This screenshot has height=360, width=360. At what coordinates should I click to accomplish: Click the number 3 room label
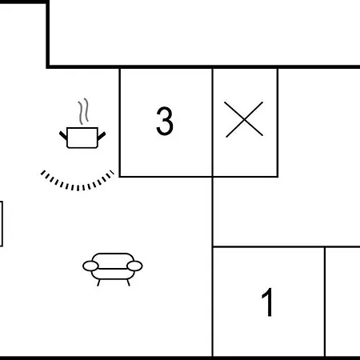click(x=165, y=121)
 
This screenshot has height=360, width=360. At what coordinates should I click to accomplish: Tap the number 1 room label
click(x=267, y=302)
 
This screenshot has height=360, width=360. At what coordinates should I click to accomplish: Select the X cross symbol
click(x=244, y=119)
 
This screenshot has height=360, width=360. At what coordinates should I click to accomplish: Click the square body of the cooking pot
click(x=82, y=138)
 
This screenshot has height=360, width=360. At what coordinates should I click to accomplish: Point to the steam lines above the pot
click(x=83, y=111)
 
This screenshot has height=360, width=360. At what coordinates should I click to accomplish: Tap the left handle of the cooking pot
click(x=63, y=135)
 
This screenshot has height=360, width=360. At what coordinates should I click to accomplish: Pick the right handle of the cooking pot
click(x=102, y=136)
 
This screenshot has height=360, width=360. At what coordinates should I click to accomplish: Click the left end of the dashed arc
click(x=42, y=172)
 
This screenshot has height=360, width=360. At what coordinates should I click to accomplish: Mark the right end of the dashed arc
click(x=112, y=172)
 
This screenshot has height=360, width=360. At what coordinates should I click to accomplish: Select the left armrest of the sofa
click(x=90, y=266)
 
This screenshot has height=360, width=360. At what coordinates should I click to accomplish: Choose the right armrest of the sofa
click(x=134, y=266)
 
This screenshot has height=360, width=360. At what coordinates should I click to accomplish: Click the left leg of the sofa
click(x=98, y=282)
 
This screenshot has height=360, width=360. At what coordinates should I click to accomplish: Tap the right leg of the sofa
click(x=128, y=282)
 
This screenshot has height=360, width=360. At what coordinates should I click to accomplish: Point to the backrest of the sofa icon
click(x=113, y=258)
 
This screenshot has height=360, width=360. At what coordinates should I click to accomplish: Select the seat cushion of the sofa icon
click(x=113, y=274)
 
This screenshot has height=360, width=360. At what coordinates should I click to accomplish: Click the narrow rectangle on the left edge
click(x=2, y=224)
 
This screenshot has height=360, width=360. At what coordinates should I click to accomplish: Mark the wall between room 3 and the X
click(x=213, y=122)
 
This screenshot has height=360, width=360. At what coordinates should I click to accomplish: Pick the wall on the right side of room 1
click(x=325, y=302)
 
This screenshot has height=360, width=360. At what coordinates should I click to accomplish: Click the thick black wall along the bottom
click(x=180, y=358)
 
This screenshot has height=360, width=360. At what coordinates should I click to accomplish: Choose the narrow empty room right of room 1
click(x=343, y=302)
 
